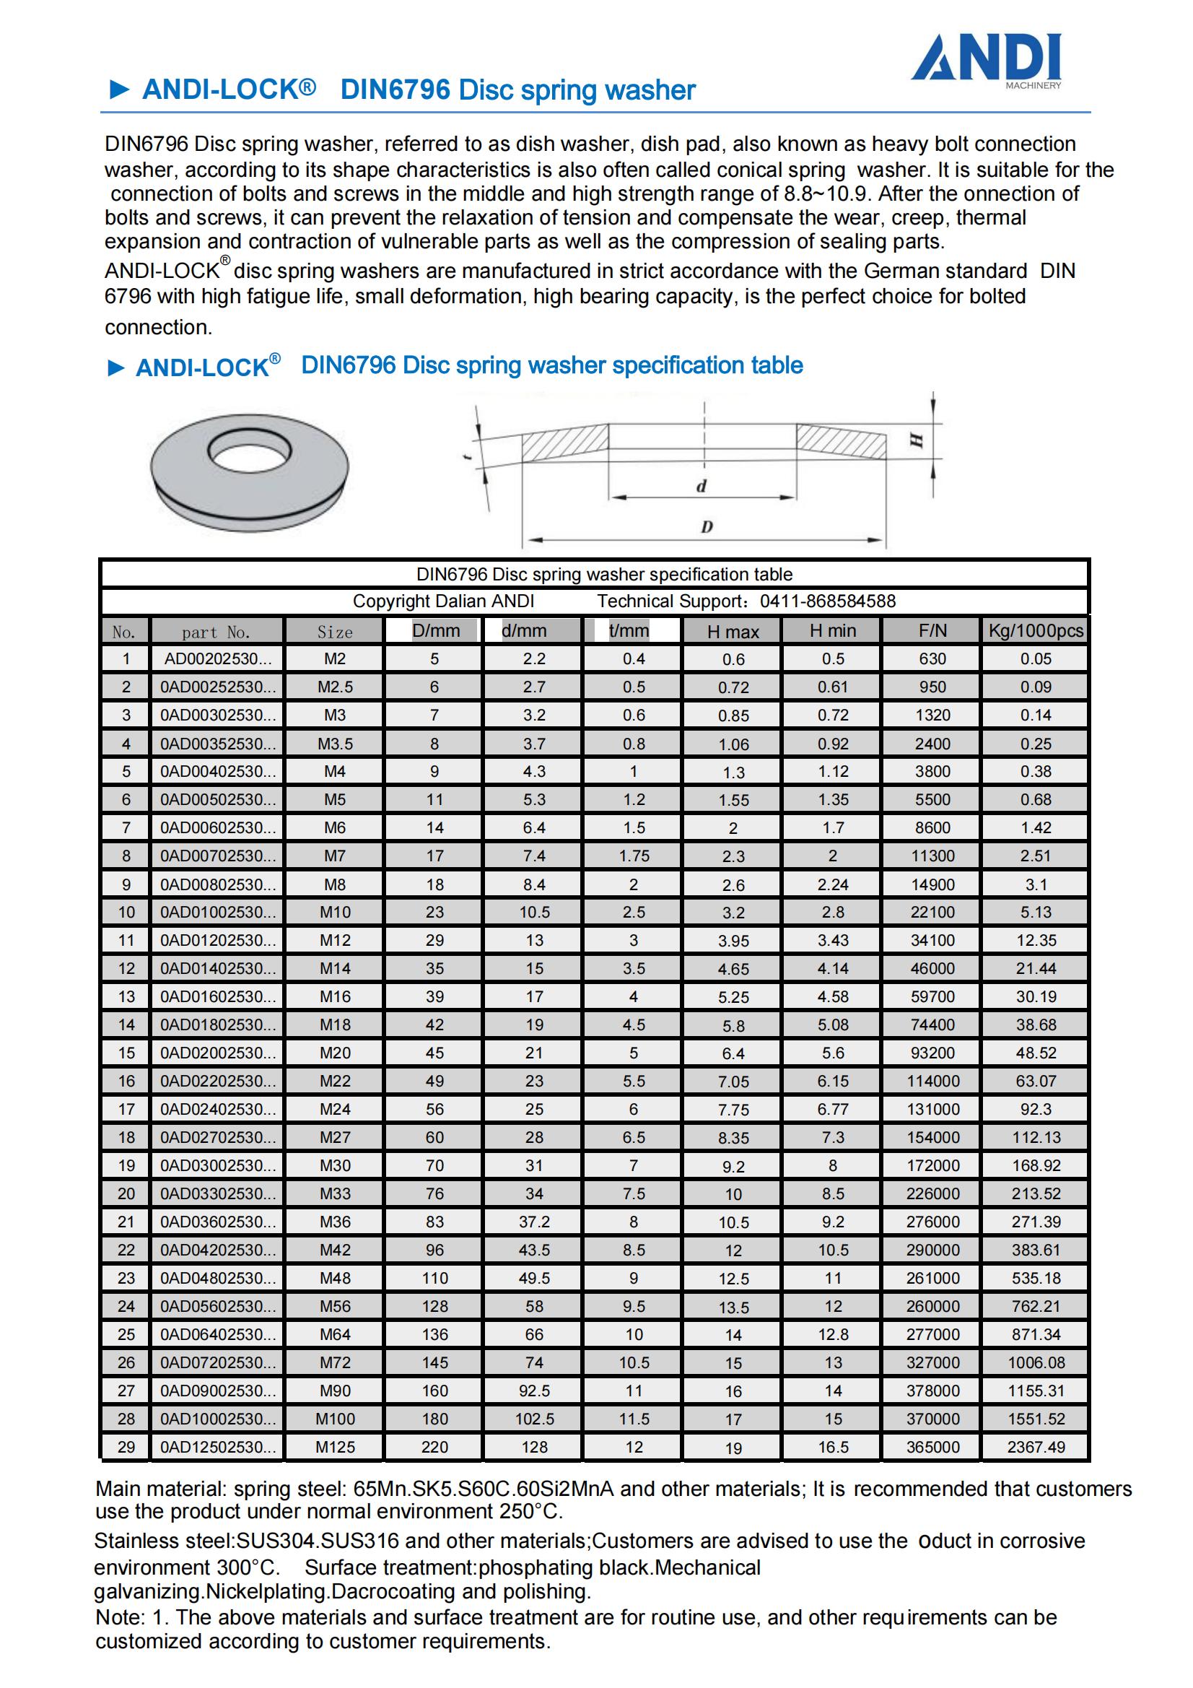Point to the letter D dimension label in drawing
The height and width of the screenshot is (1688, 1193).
(707, 526)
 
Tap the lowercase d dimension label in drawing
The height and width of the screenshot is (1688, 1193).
(702, 486)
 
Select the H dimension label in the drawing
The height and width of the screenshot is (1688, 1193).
(917, 440)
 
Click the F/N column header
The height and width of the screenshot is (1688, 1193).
(932, 631)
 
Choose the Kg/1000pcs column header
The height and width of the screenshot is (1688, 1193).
(1035, 631)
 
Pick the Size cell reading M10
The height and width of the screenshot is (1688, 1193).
(334, 913)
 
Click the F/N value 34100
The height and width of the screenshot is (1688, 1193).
(932, 940)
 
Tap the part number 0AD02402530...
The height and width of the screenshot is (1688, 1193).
(217, 1110)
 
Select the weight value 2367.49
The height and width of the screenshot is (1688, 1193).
(1035, 1447)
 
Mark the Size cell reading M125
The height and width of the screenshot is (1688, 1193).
(334, 1447)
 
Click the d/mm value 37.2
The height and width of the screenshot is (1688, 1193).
(533, 1222)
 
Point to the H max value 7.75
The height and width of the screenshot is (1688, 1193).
(733, 1110)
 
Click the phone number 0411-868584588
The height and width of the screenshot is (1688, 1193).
(828, 601)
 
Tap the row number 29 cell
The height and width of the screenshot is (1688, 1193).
(126, 1447)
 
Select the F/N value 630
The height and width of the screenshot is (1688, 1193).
(932, 658)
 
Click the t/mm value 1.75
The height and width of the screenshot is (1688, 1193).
(633, 856)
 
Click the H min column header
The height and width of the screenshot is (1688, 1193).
(832, 631)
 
